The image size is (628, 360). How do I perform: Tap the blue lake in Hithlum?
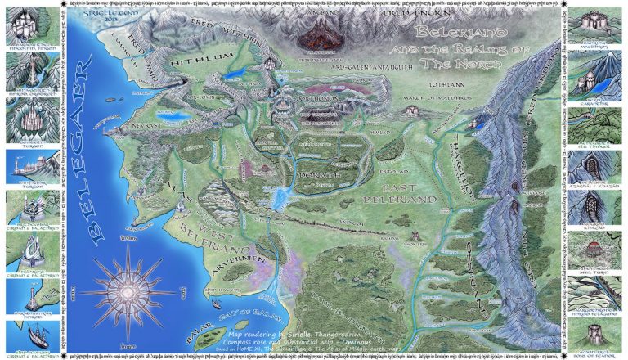tap(237, 74)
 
